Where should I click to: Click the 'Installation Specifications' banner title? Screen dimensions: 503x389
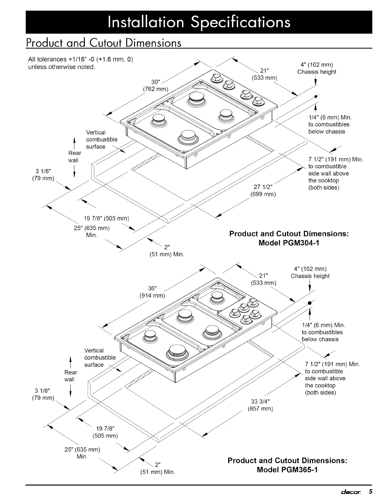tap(199, 22)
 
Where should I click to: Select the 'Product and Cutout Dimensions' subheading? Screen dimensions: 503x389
tap(104, 43)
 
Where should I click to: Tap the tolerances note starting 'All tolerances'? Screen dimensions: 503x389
tap(80, 63)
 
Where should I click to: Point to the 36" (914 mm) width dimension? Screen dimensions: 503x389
tap(152, 292)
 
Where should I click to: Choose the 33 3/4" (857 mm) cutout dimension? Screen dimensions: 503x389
tap(260, 405)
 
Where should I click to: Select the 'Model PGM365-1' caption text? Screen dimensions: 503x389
tap(287, 469)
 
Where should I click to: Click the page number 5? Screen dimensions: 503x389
tap(370, 492)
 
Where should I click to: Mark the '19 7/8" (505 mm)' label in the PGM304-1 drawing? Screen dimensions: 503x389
tap(106, 218)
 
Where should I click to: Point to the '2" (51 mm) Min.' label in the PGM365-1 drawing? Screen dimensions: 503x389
tap(158, 469)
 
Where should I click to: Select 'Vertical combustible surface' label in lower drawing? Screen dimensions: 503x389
tap(100, 358)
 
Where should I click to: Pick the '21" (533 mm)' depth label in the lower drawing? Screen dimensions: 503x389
tap(263, 279)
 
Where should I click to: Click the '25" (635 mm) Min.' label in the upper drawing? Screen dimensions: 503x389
tap(92, 231)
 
